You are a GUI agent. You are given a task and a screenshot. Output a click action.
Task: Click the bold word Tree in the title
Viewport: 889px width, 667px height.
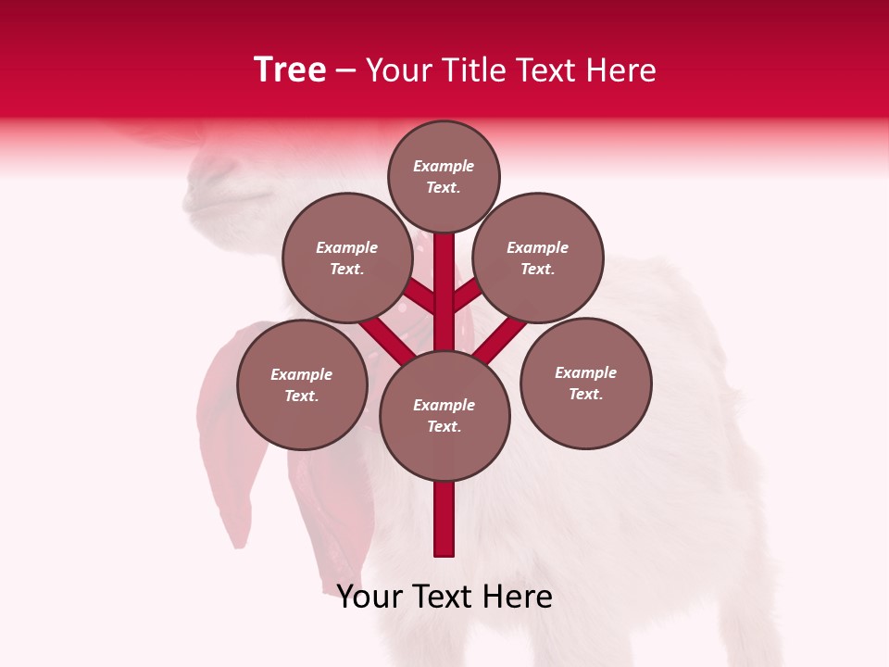click(x=290, y=70)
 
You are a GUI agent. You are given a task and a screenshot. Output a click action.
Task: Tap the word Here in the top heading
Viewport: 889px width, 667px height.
click(x=621, y=70)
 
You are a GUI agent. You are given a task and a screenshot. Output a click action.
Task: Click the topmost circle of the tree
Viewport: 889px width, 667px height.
click(x=444, y=176)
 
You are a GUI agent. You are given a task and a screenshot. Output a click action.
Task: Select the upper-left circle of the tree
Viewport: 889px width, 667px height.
click(x=347, y=258)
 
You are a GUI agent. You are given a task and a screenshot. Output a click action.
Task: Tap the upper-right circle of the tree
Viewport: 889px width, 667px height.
click(x=538, y=258)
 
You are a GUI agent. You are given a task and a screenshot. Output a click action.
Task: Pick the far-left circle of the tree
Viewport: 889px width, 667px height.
click(x=302, y=384)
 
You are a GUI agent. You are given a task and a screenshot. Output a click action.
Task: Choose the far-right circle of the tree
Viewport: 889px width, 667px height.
click(x=585, y=383)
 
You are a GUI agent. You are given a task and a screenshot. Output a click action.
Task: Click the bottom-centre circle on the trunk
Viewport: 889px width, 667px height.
click(x=444, y=415)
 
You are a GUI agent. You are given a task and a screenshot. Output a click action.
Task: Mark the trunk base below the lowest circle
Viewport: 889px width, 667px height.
click(x=444, y=519)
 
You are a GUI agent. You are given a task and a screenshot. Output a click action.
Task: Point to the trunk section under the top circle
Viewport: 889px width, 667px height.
click(x=444, y=278)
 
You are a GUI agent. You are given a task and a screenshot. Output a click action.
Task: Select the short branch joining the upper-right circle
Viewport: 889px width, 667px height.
click(x=467, y=296)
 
